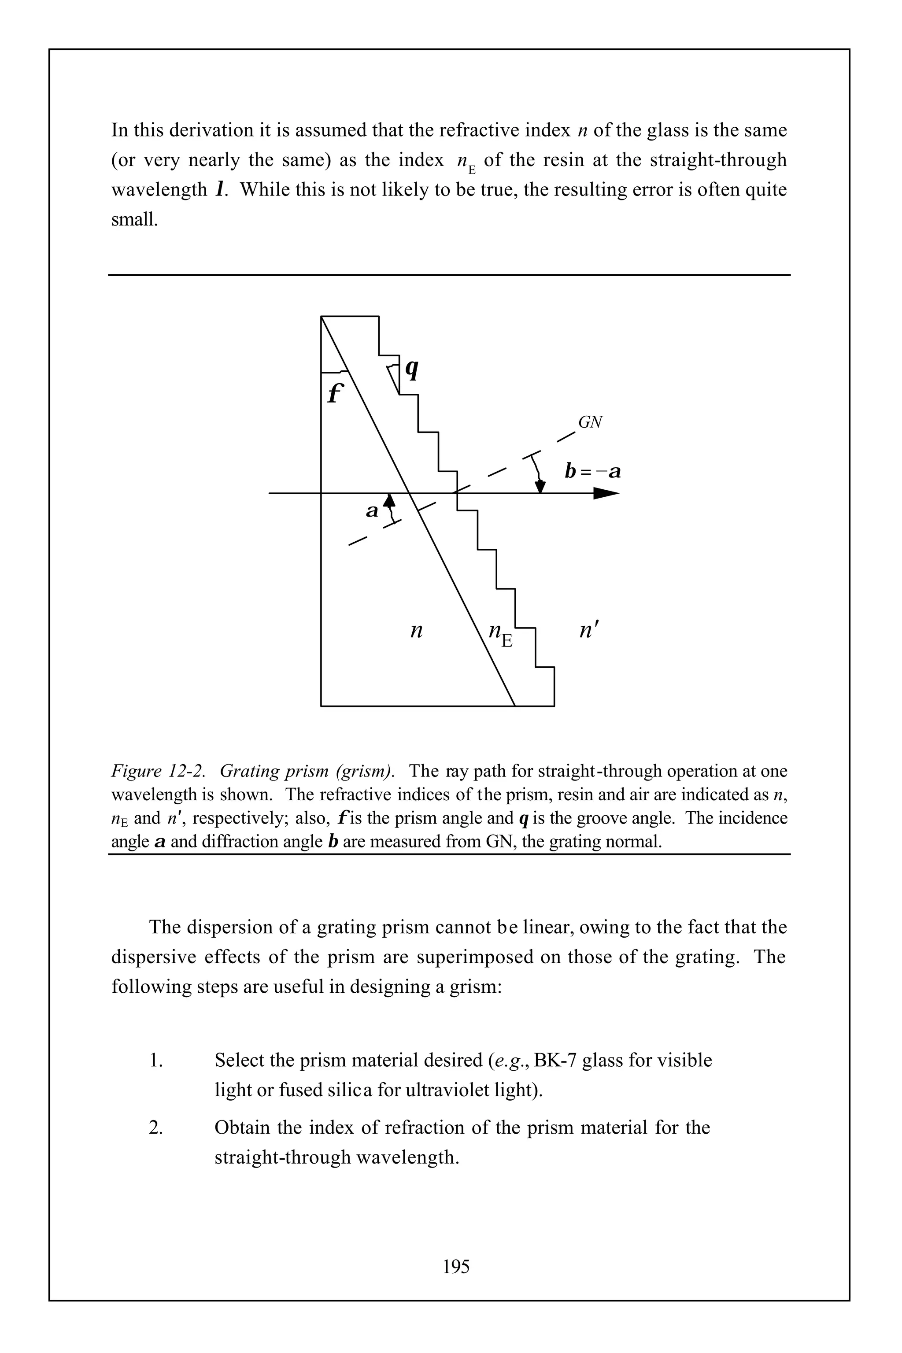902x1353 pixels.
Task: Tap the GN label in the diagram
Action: pyautogui.click(x=590, y=423)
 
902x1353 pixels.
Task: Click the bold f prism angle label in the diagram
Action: pyautogui.click(x=334, y=393)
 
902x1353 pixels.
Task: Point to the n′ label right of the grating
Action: pyautogui.click(x=589, y=631)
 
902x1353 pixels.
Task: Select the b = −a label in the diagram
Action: pyautogui.click(x=592, y=472)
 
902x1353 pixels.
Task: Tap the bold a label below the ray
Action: pyautogui.click(x=372, y=510)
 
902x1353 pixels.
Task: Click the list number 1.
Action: pyautogui.click(x=155, y=1060)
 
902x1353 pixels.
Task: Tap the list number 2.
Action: pyautogui.click(x=155, y=1127)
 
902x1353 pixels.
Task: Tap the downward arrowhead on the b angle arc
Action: pyautogui.click(x=540, y=487)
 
